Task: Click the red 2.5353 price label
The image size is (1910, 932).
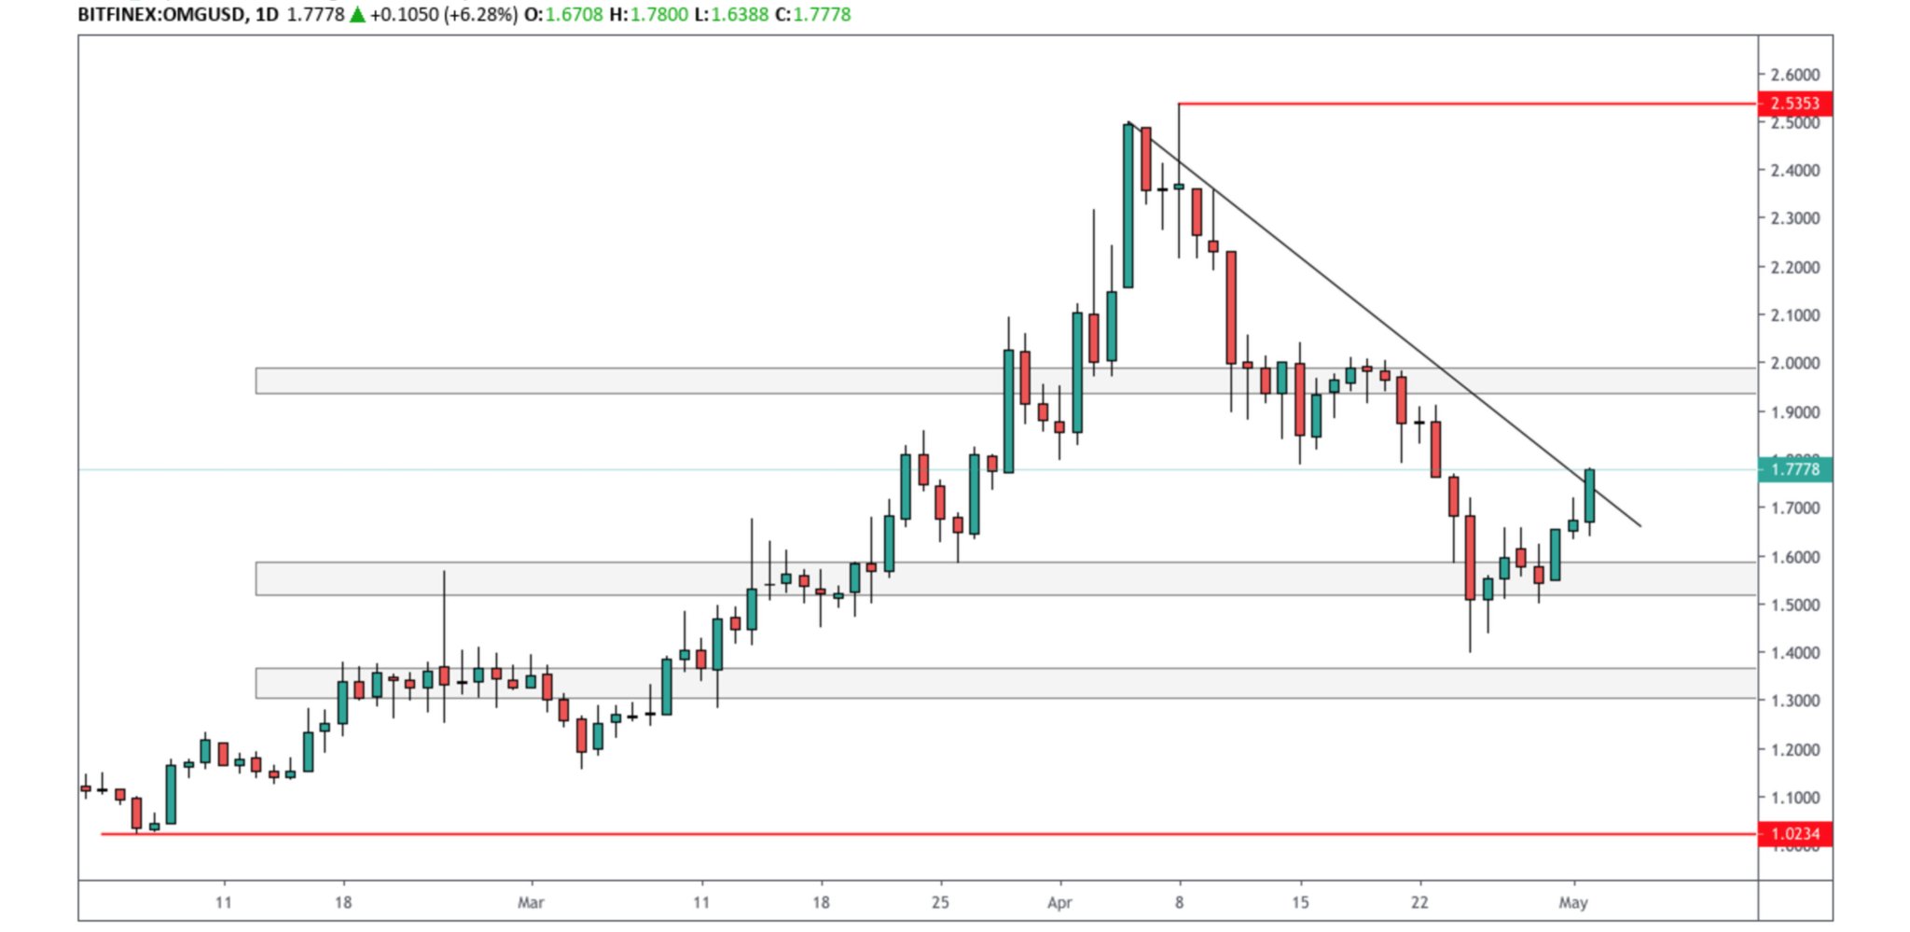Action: point(1794,104)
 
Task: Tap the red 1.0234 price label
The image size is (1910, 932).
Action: point(1794,834)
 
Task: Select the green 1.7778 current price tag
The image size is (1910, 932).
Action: point(1794,469)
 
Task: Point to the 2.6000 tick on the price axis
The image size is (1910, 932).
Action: point(1794,75)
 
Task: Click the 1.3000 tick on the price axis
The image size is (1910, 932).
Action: point(1794,701)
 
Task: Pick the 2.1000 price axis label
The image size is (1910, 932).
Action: point(1794,315)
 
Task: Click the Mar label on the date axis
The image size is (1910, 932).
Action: point(531,902)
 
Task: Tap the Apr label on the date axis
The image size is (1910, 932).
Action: point(1059,902)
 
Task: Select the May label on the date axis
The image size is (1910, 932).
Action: point(1573,902)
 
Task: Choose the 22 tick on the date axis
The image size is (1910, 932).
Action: point(1419,902)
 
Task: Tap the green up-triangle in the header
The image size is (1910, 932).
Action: point(357,15)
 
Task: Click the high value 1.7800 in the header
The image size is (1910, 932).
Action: point(659,15)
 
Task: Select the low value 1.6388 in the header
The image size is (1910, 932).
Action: point(740,15)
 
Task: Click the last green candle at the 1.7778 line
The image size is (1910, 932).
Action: point(1590,495)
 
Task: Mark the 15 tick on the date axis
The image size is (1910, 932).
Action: point(1300,902)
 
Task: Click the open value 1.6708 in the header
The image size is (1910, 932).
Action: point(574,15)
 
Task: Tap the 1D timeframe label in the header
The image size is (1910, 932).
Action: point(267,15)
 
